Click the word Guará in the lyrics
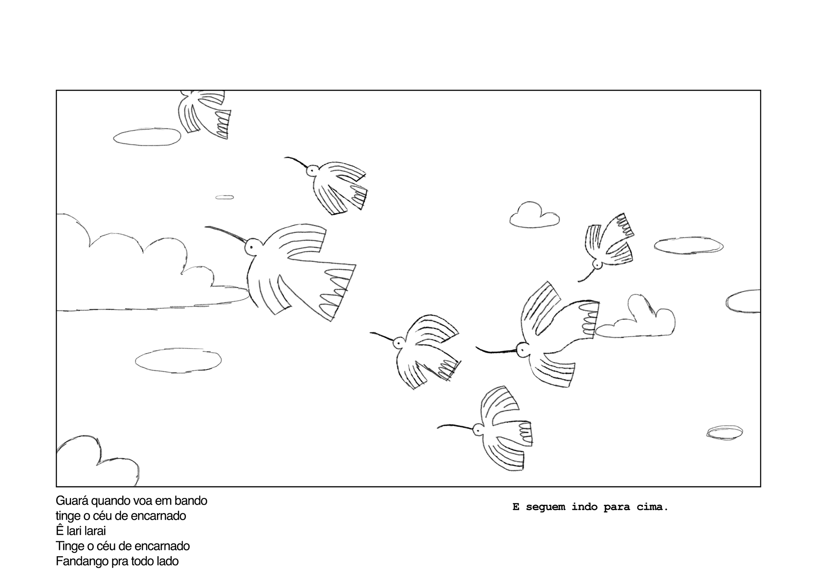pyautogui.click(x=72, y=500)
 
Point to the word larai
pyautogui.click(x=95, y=531)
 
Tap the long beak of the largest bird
pyautogui.click(x=226, y=234)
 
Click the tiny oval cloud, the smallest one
pyautogui.click(x=225, y=197)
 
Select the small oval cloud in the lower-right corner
pyautogui.click(x=725, y=432)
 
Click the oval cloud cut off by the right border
pyautogui.click(x=743, y=301)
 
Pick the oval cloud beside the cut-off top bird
pyautogui.click(x=147, y=136)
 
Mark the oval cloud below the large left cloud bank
pyautogui.click(x=178, y=361)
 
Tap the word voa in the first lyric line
pyautogui.click(x=149, y=501)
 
